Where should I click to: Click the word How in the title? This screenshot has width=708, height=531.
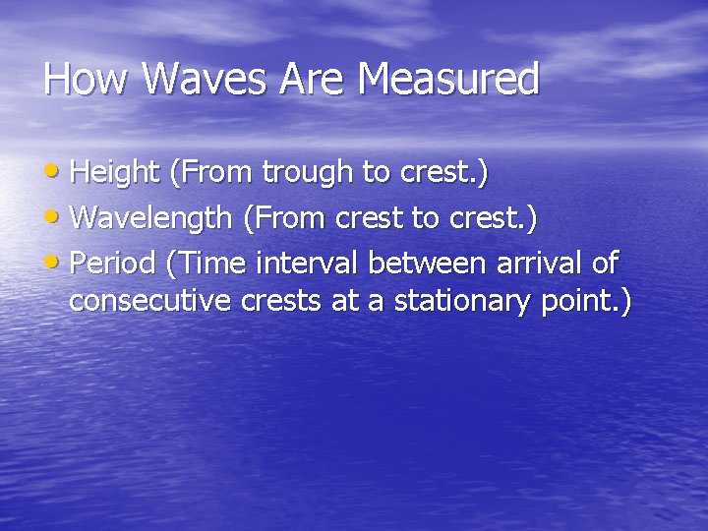click(x=86, y=80)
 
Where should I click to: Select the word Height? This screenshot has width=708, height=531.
click(x=115, y=173)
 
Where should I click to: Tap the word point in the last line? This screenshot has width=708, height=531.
click(x=575, y=301)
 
